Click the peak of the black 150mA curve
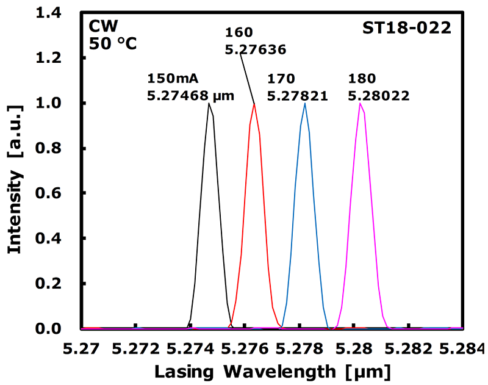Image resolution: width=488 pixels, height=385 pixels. coord(209,104)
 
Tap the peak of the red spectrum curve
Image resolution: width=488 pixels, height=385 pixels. coord(254,104)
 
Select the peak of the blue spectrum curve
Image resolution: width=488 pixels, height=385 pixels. coord(304,104)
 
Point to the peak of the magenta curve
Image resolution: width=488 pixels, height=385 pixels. coord(360,104)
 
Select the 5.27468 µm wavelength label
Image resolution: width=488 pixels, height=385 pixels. coord(190,95)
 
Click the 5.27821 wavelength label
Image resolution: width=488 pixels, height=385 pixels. coord(298,95)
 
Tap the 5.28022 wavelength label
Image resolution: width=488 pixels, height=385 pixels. coord(378,95)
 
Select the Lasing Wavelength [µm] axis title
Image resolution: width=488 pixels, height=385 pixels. coord(271,370)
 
